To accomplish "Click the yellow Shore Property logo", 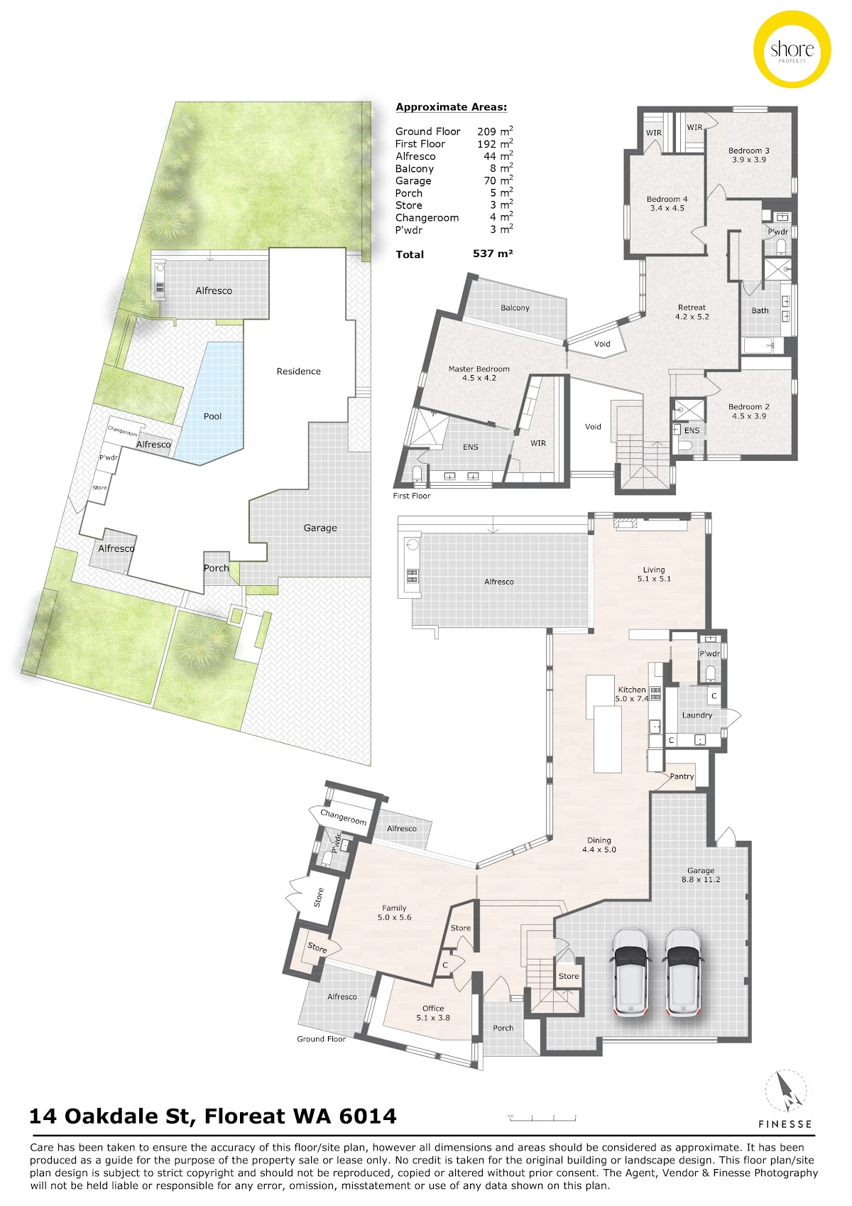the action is pyautogui.click(x=792, y=50).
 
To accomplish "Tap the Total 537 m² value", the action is pyautogui.click(x=493, y=254).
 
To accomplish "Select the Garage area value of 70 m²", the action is pyautogui.click(x=498, y=180).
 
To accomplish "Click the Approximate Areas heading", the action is pyautogui.click(x=451, y=107).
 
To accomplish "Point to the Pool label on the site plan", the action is pyautogui.click(x=212, y=416).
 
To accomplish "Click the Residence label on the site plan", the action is pyautogui.click(x=298, y=371).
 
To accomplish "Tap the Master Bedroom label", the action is pyautogui.click(x=479, y=373).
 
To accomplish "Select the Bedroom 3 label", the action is pyautogui.click(x=748, y=155).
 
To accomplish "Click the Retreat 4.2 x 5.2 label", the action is pyautogui.click(x=692, y=312).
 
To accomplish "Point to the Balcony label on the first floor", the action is pyautogui.click(x=515, y=308).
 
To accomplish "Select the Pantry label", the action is pyautogui.click(x=682, y=776).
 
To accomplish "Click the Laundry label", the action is pyautogui.click(x=697, y=715).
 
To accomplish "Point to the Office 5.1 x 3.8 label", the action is pyautogui.click(x=433, y=1013).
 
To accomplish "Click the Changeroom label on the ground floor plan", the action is pyautogui.click(x=344, y=817).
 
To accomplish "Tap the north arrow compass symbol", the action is pyautogui.click(x=786, y=1092).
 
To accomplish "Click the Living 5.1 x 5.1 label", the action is pyautogui.click(x=654, y=574).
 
